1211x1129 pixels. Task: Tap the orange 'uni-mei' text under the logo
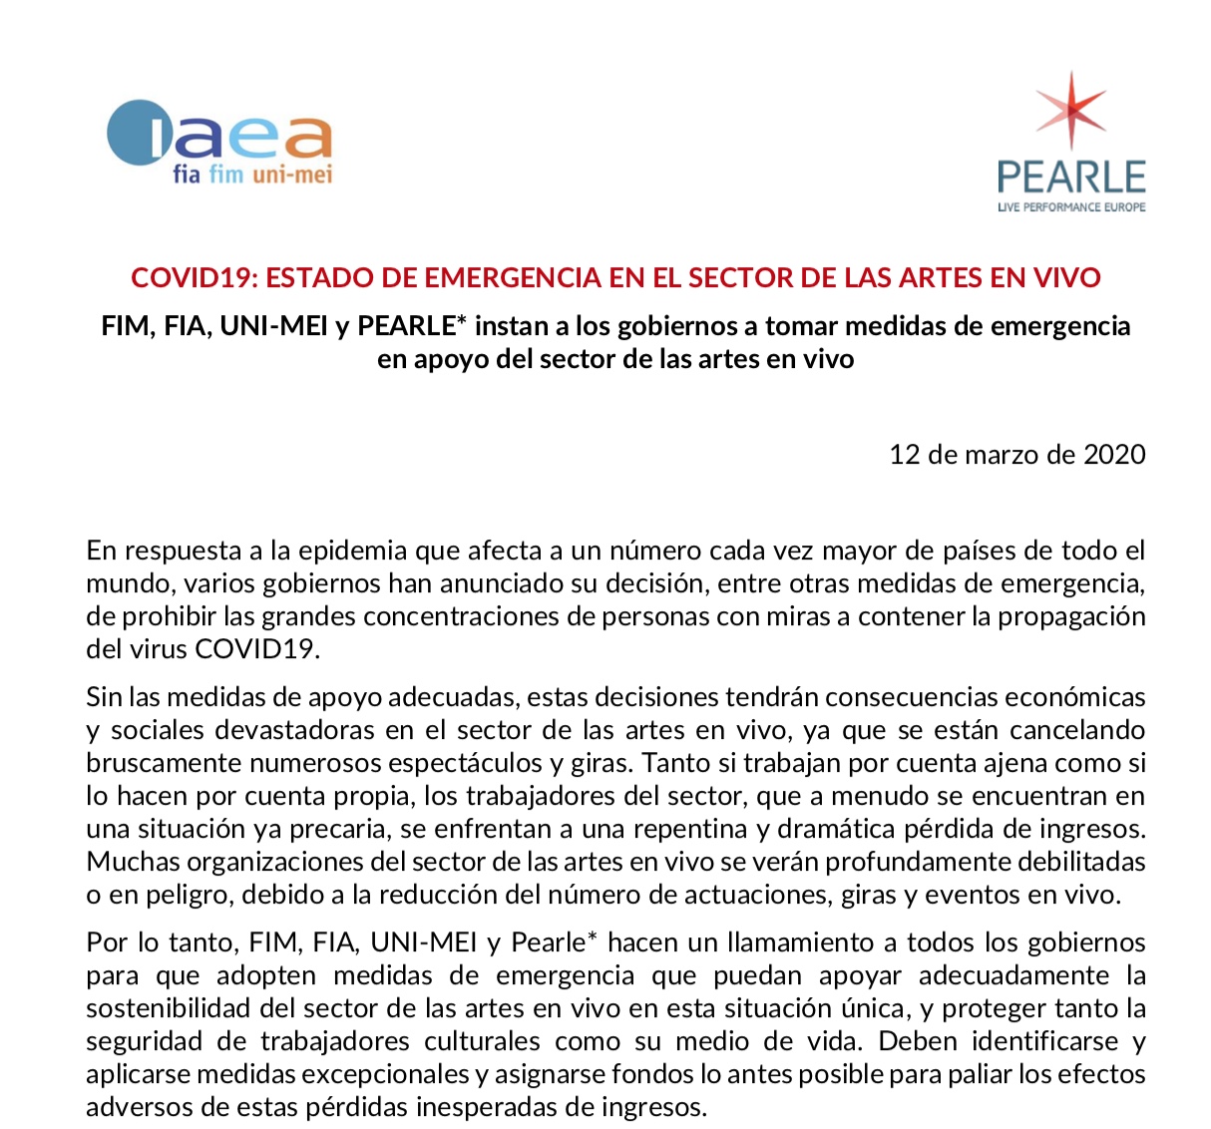click(x=292, y=175)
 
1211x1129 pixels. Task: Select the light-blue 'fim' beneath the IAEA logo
click(x=225, y=175)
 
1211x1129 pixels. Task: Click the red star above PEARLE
click(x=1070, y=108)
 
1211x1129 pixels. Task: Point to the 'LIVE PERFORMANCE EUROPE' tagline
click(x=1071, y=207)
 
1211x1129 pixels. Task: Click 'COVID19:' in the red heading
click(x=195, y=277)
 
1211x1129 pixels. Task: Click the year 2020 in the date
click(x=1114, y=455)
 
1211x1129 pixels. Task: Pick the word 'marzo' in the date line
click(x=1000, y=455)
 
